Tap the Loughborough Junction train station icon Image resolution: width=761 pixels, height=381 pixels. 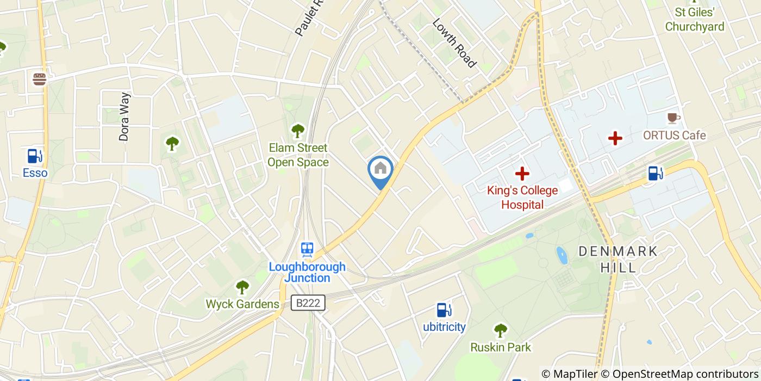click(307, 250)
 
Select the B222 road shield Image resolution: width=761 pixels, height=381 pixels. click(308, 303)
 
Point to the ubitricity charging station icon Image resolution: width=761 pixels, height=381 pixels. click(444, 310)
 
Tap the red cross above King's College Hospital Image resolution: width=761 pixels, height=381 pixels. click(522, 174)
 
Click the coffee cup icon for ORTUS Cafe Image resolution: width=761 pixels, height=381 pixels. click(673, 118)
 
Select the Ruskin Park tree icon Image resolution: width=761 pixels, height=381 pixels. click(500, 330)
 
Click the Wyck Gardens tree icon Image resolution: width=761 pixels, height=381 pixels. click(242, 287)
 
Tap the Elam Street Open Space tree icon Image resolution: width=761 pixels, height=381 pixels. click(297, 131)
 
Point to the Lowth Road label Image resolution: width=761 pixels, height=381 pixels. click(454, 43)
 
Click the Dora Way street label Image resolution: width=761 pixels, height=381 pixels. click(124, 117)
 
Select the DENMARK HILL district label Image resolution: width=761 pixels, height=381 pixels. click(618, 259)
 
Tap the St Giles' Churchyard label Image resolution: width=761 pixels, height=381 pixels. click(694, 19)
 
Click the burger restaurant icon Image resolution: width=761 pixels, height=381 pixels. click(39, 79)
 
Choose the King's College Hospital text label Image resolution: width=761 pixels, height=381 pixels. click(522, 198)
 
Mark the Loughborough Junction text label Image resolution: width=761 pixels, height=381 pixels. click(307, 272)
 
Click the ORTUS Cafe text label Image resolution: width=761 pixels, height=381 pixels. click(674, 136)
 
